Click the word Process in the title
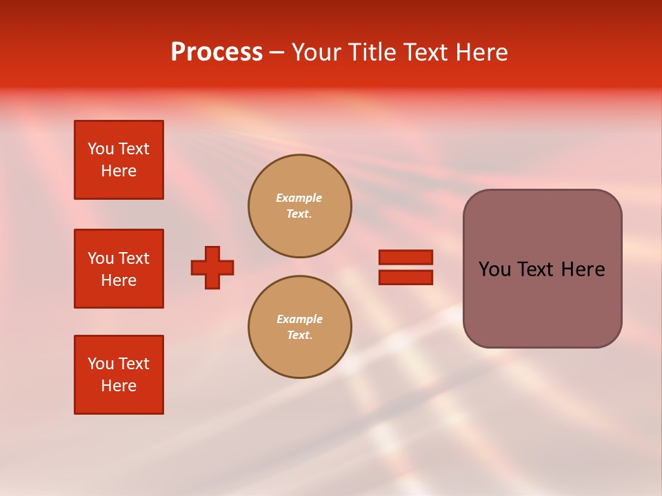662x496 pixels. point(217,52)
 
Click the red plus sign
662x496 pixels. point(212,267)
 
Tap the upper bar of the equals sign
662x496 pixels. point(405,257)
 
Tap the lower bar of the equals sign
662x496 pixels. point(405,278)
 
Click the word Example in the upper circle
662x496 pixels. point(299,198)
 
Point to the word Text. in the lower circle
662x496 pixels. point(299,335)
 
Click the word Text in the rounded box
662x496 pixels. point(542,269)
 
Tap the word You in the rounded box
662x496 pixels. point(494,269)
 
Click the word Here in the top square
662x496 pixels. point(119,171)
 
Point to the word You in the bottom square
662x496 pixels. point(101,364)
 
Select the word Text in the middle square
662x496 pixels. point(134,258)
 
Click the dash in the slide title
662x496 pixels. point(277,52)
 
